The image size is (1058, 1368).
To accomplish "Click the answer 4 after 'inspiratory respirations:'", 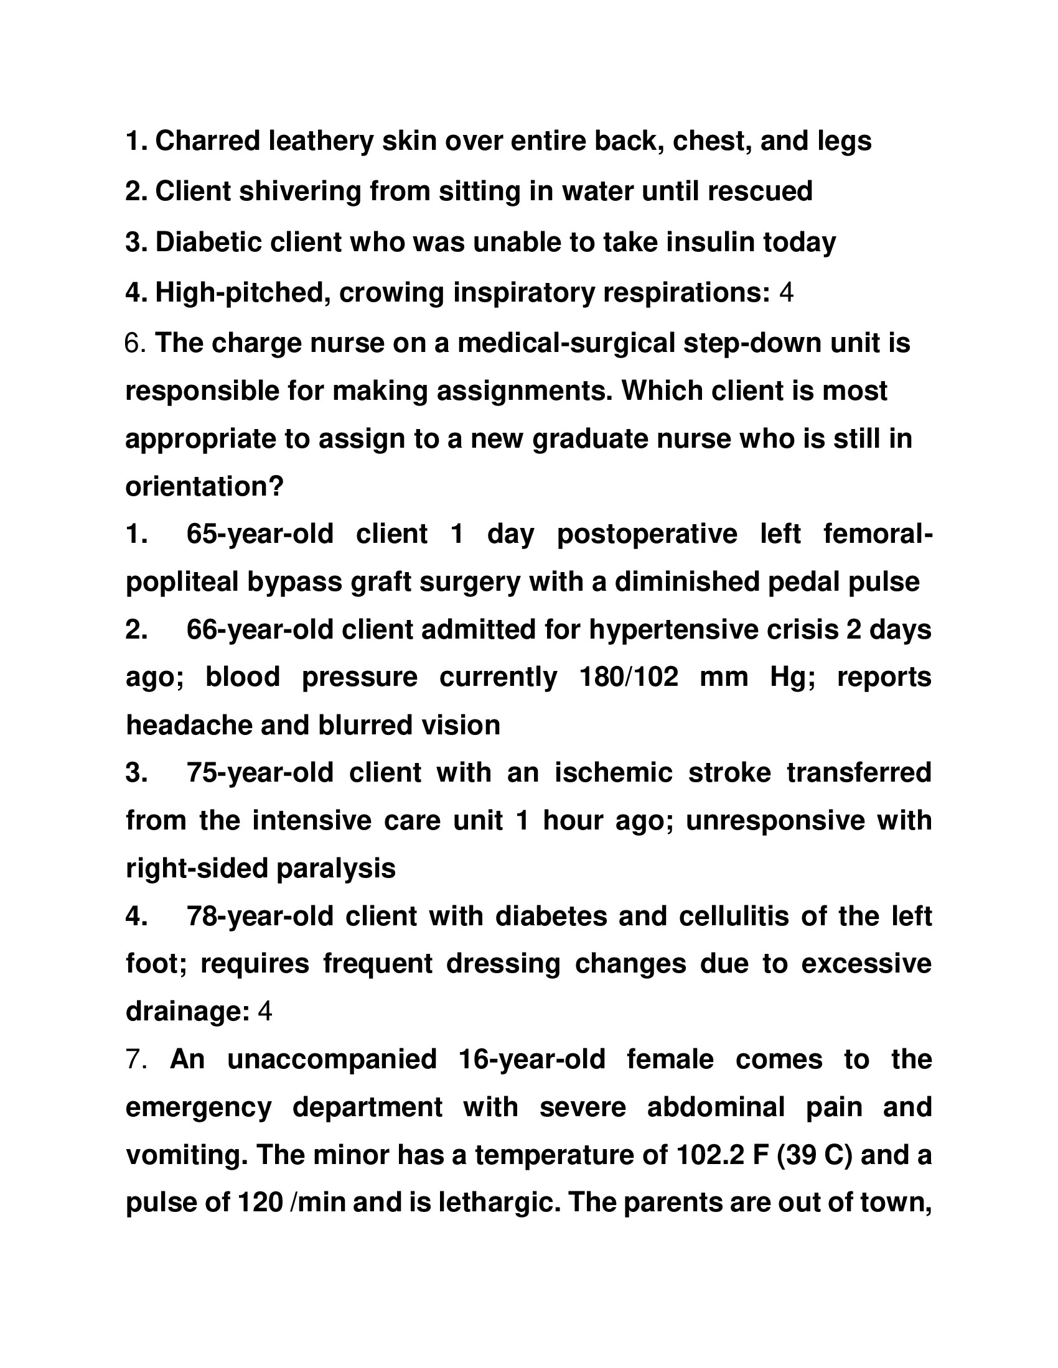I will click(x=787, y=292).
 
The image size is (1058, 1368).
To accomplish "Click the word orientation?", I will click(x=205, y=486).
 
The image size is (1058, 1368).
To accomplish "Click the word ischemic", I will click(x=613, y=773).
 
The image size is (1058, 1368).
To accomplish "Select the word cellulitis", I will click(x=733, y=917).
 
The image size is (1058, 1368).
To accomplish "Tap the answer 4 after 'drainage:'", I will click(x=264, y=1012).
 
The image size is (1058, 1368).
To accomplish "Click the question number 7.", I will click(x=136, y=1059).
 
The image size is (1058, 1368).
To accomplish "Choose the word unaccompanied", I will click(x=332, y=1059).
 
